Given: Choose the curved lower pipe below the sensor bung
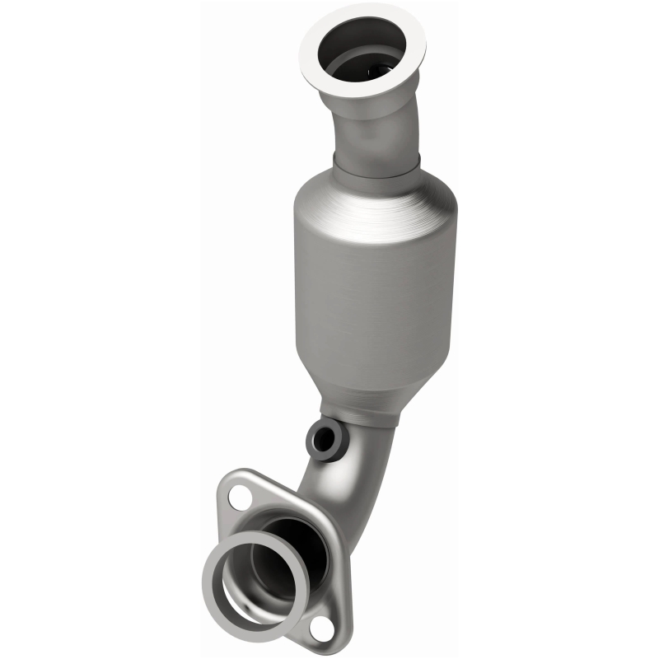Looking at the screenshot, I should [329, 486].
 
